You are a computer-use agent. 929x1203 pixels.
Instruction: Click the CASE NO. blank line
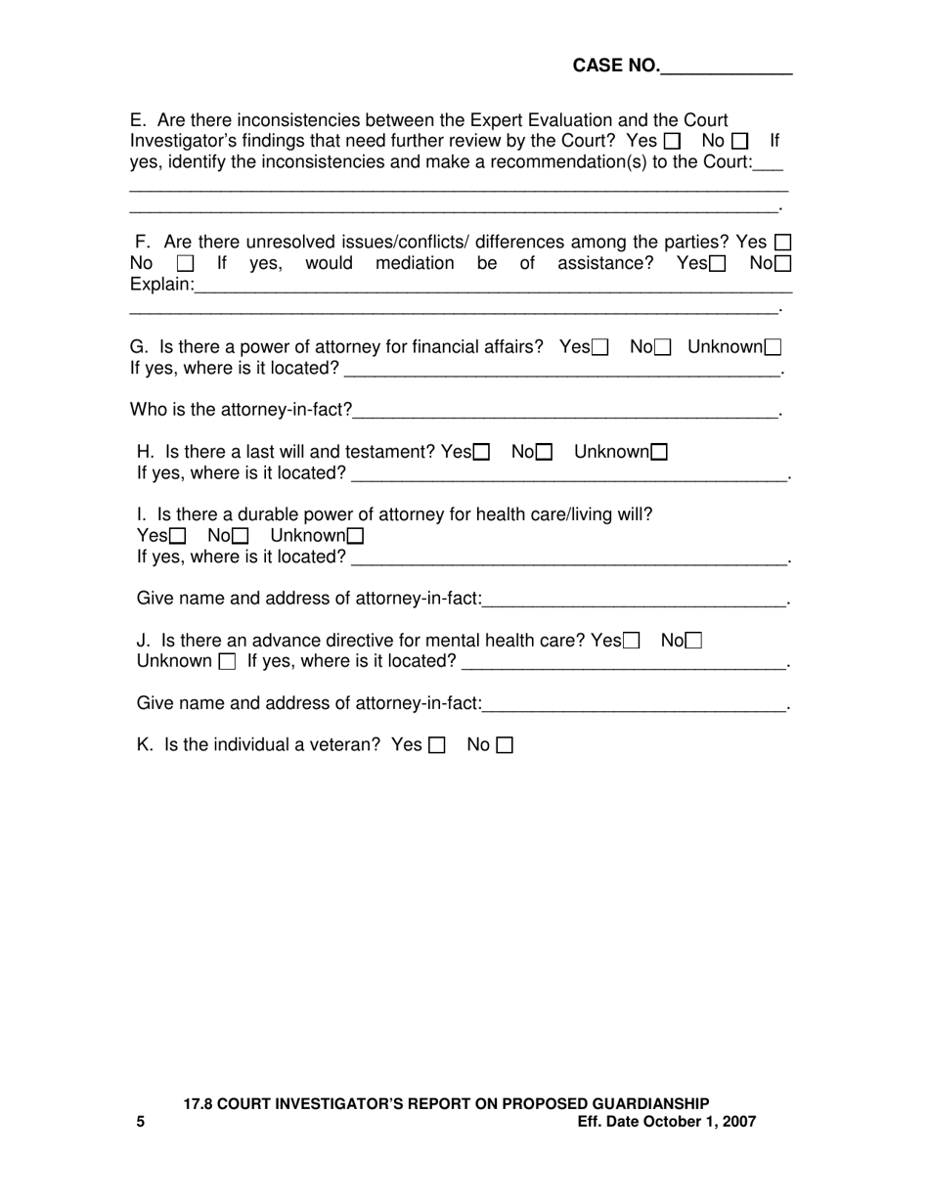coord(727,68)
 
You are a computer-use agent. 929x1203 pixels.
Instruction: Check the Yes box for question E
coord(672,142)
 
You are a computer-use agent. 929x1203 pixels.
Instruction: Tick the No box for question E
coord(740,142)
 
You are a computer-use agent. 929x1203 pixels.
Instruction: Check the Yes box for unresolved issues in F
coord(782,243)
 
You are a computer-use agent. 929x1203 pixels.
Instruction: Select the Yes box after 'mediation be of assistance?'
coord(718,264)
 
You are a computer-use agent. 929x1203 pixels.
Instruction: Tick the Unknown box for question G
coord(773,347)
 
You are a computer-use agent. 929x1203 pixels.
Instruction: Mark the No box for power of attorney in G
coord(663,347)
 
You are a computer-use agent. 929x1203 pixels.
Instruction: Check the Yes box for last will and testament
coord(481,452)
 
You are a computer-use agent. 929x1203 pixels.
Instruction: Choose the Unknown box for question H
coord(659,452)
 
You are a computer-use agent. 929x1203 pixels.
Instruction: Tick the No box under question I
coord(240,536)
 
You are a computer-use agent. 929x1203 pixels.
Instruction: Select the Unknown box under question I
coord(356,536)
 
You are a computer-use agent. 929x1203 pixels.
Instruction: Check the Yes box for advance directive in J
coord(632,641)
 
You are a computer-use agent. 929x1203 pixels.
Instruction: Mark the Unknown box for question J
coord(227,662)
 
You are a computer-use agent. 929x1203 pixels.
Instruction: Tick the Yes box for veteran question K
coord(436,745)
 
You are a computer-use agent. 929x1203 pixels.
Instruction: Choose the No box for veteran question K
coord(505,745)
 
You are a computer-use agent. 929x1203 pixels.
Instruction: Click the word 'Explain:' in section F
coord(162,285)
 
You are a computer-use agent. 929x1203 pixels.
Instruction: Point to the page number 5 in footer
coord(141,1122)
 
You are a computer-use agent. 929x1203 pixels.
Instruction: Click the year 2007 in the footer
coord(738,1122)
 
